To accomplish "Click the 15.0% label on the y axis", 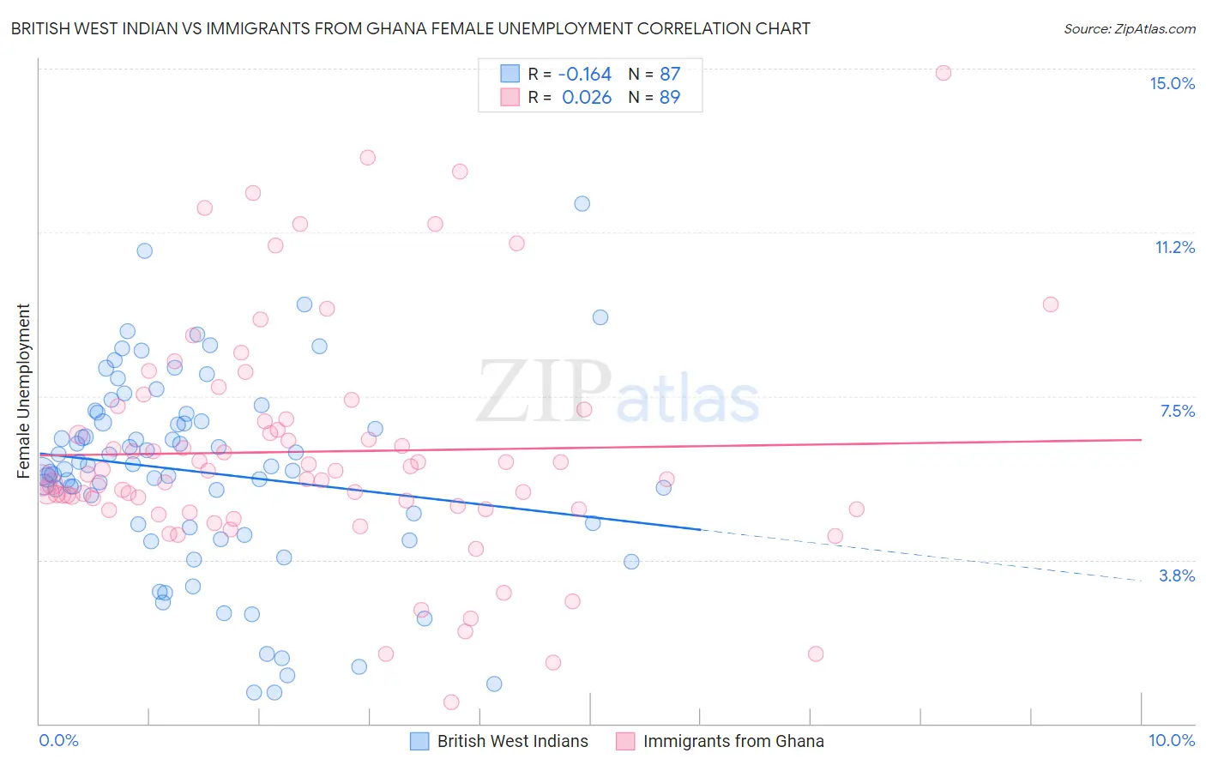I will coord(1172,83).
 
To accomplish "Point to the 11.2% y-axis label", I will coord(1174,247).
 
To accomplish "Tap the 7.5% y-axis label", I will coord(1177,411).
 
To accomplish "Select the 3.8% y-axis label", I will coord(1177,575).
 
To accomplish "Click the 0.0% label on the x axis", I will coord(58,740).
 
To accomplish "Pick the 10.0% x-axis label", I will coord(1171,740).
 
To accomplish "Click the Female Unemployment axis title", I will coord(23,391).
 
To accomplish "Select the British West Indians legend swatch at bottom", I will coord(419,741).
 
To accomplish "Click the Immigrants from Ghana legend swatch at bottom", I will coord(625,741).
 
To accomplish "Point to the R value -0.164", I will coord(584,74).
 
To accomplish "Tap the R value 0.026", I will coord(587,97).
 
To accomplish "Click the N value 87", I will coord(669,74).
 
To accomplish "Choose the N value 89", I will coord(669,97).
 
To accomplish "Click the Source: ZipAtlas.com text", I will coord(1129,29).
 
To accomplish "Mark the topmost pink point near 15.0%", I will coord(943,73).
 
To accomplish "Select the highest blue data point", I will coord(582,204).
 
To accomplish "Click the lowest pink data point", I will coord(451,702).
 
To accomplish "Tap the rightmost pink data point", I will coord(1051,304).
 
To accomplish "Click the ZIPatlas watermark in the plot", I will coord(618,393).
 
